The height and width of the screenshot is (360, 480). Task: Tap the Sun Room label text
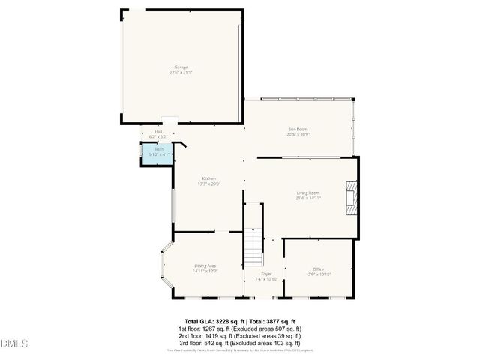point(298,129)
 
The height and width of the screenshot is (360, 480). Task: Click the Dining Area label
point(205,265)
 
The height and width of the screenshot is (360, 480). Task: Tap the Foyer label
point(266,274)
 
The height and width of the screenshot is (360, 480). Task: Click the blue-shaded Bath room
point(159,152)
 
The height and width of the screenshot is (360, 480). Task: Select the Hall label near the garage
point(159,132)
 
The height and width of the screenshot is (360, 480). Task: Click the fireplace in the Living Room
point(351,198)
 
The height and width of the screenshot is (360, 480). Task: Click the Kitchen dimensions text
point(208,183)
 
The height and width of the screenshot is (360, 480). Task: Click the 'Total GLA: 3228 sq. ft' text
point(212,321)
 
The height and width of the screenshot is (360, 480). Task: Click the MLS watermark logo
point(14,344)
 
